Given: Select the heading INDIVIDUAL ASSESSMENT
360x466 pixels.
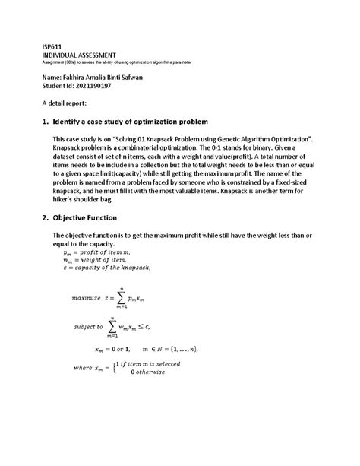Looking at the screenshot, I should coord(79,55).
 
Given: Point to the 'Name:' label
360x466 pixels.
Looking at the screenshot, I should coord(53,76).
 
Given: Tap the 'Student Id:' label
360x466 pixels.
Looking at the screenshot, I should coord(58,85).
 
